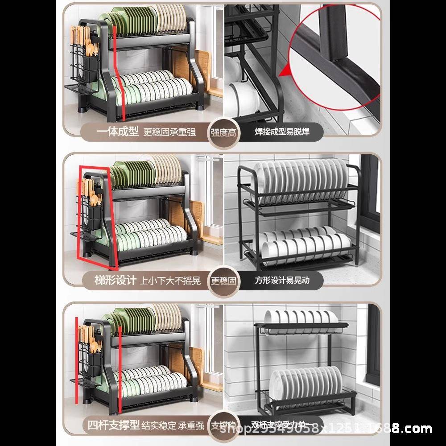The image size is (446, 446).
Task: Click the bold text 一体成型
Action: (118, 132)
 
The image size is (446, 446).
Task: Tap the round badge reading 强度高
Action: (225, 132)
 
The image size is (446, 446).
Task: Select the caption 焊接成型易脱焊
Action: (282, 132)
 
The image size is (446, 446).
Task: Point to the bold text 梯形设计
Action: (116, 280)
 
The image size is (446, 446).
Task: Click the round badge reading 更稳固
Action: (224, 281)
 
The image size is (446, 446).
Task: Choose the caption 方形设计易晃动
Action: (282, 280)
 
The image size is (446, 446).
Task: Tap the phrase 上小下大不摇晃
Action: (170, 281)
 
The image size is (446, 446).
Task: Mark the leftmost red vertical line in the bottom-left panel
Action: (76, 361)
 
